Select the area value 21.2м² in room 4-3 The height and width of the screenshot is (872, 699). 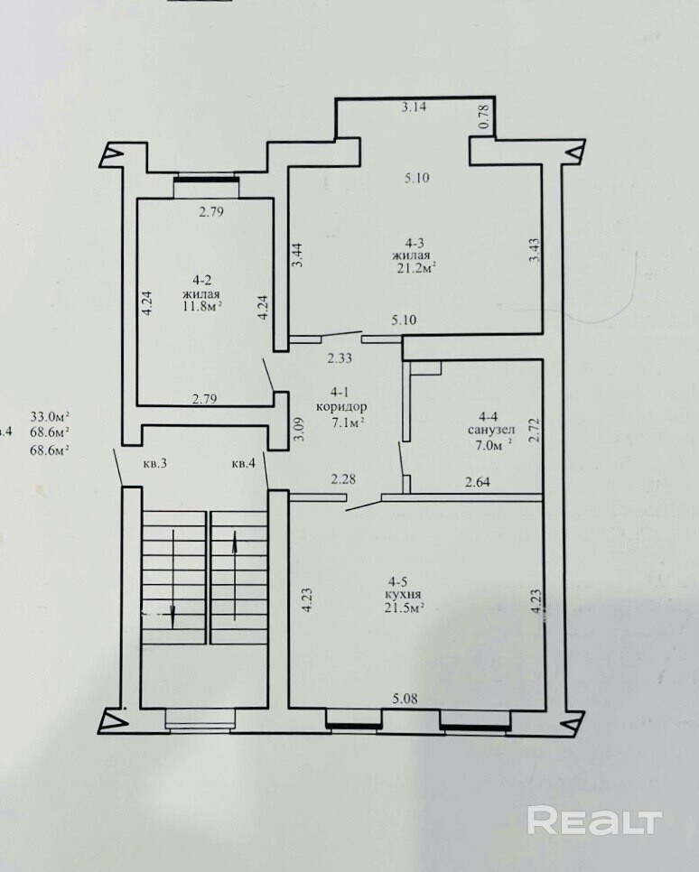pos(414,269)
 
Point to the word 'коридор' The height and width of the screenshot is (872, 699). pos(341,406)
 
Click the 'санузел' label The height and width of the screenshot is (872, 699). pos(491,430)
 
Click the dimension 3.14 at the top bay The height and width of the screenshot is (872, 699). pos(414,107)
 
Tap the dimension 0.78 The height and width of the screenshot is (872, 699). pos(484,117)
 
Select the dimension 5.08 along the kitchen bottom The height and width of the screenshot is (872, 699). pos(405,699)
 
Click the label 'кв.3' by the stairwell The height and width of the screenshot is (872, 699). pos(155,463)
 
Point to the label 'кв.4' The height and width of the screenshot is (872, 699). pos(244,463)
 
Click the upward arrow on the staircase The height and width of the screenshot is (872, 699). pos(235,575)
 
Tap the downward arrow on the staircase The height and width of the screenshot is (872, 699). pos(172,579)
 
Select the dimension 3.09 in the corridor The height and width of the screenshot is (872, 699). pos(299,429)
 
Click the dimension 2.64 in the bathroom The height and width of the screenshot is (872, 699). pos(478,482)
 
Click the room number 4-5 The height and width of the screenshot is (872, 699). pos(398,582)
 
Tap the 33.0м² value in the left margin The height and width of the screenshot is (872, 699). pos(50,416)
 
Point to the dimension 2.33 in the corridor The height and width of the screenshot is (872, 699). pos(340,358)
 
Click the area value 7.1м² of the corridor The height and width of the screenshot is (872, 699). pos(348,422)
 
